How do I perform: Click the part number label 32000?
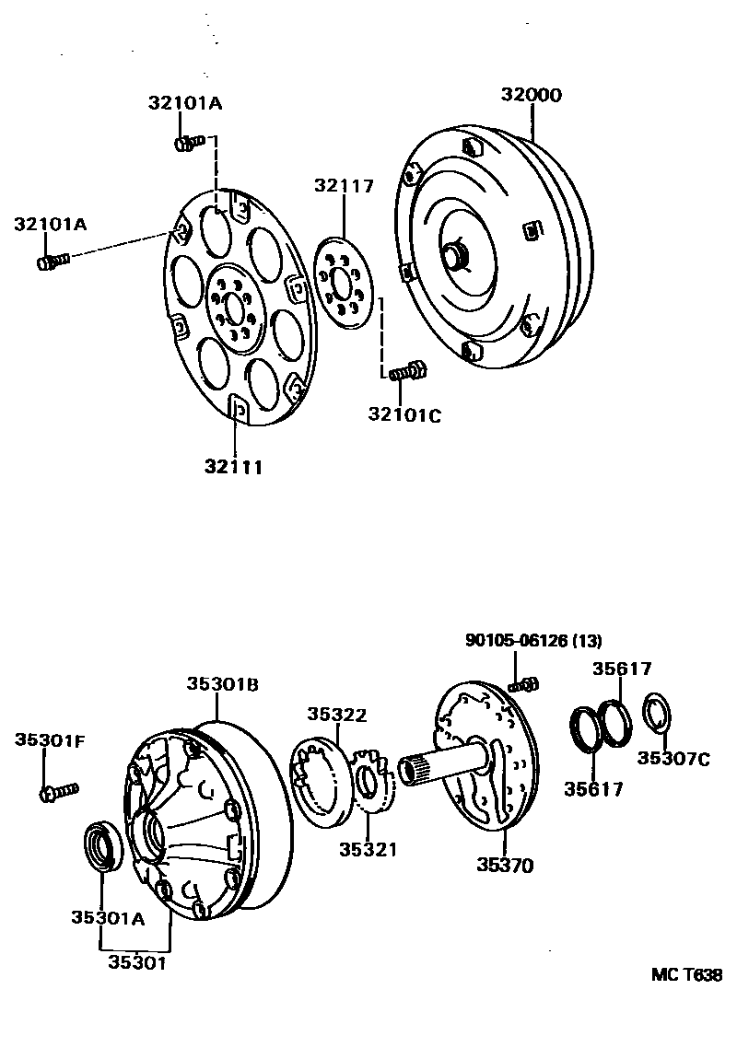pos(531,95)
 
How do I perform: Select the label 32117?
pos(343,186)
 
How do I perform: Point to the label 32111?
pos(234,467)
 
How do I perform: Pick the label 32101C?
pos(404,415)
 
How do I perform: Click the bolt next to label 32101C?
pos(405,372)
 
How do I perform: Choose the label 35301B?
pos(222,684)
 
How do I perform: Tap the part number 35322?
pos(337,714)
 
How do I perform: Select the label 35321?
pos(368,849)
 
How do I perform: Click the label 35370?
pos(505,865)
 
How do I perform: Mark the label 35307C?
pos(674,759)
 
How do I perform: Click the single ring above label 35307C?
pos(656,712)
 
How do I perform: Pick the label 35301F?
pos(50,739)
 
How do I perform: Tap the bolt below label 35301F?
pos(58,790)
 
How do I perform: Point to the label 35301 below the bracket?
pos(138,962)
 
